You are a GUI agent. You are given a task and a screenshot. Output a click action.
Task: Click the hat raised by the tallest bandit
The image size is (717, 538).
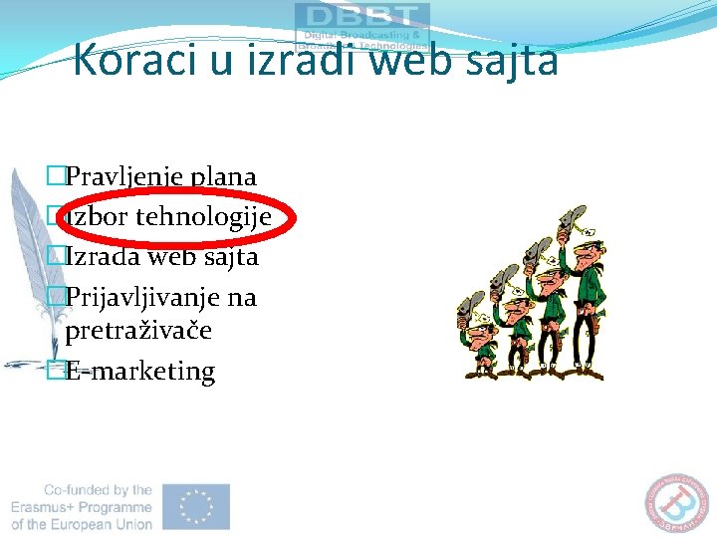point(573,220)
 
